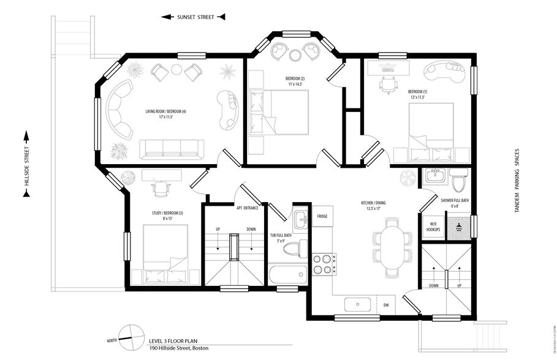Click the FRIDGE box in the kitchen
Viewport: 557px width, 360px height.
tap(322, 216)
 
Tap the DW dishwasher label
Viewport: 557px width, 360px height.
tap(386, 304)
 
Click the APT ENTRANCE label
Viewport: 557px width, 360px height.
tap(247, 208)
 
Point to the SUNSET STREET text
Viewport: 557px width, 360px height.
tap(195, 17)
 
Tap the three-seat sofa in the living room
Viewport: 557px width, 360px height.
tap(172, 148)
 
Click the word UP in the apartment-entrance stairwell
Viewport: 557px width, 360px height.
tap(218, 229)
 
